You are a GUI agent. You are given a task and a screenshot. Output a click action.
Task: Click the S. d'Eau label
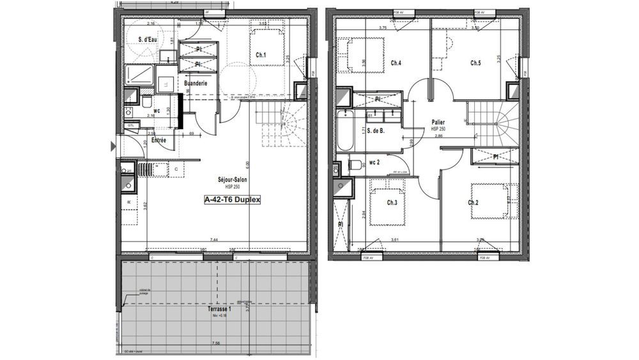(148, 40)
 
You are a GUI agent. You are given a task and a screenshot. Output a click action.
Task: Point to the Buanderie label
(195, 84)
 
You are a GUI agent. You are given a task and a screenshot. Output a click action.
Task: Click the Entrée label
(158, 140)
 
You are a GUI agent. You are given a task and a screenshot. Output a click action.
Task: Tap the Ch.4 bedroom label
(396, 63)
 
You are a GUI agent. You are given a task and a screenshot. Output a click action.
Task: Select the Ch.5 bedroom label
(475, 63)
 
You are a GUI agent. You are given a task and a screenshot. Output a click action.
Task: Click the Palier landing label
(438, 121)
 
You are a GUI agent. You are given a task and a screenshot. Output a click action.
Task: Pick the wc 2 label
(375, 163)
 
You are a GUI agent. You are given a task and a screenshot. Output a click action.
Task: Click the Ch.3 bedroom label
(392, 203)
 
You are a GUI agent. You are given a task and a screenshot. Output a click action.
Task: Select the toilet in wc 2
(355, 165)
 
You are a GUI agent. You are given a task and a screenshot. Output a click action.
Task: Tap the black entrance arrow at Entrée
(114, 146)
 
